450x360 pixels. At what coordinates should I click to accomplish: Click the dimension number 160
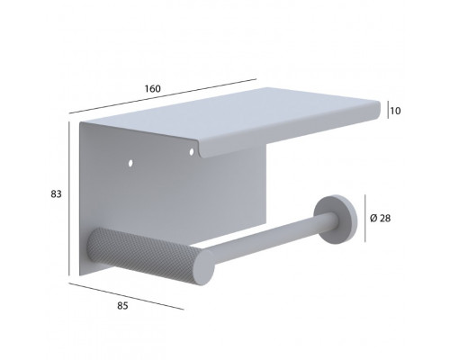tap(153, 89)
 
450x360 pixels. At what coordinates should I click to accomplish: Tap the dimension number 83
tap(56, 194)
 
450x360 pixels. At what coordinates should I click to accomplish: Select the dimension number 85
tap(122, 306)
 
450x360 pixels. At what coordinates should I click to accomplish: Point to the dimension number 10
tap(396, 111)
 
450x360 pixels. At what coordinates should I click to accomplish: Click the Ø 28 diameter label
tap(381, 219)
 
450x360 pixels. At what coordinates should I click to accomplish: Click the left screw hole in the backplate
tap(130, 163)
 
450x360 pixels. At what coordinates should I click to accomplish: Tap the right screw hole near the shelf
tap(192, 152)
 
